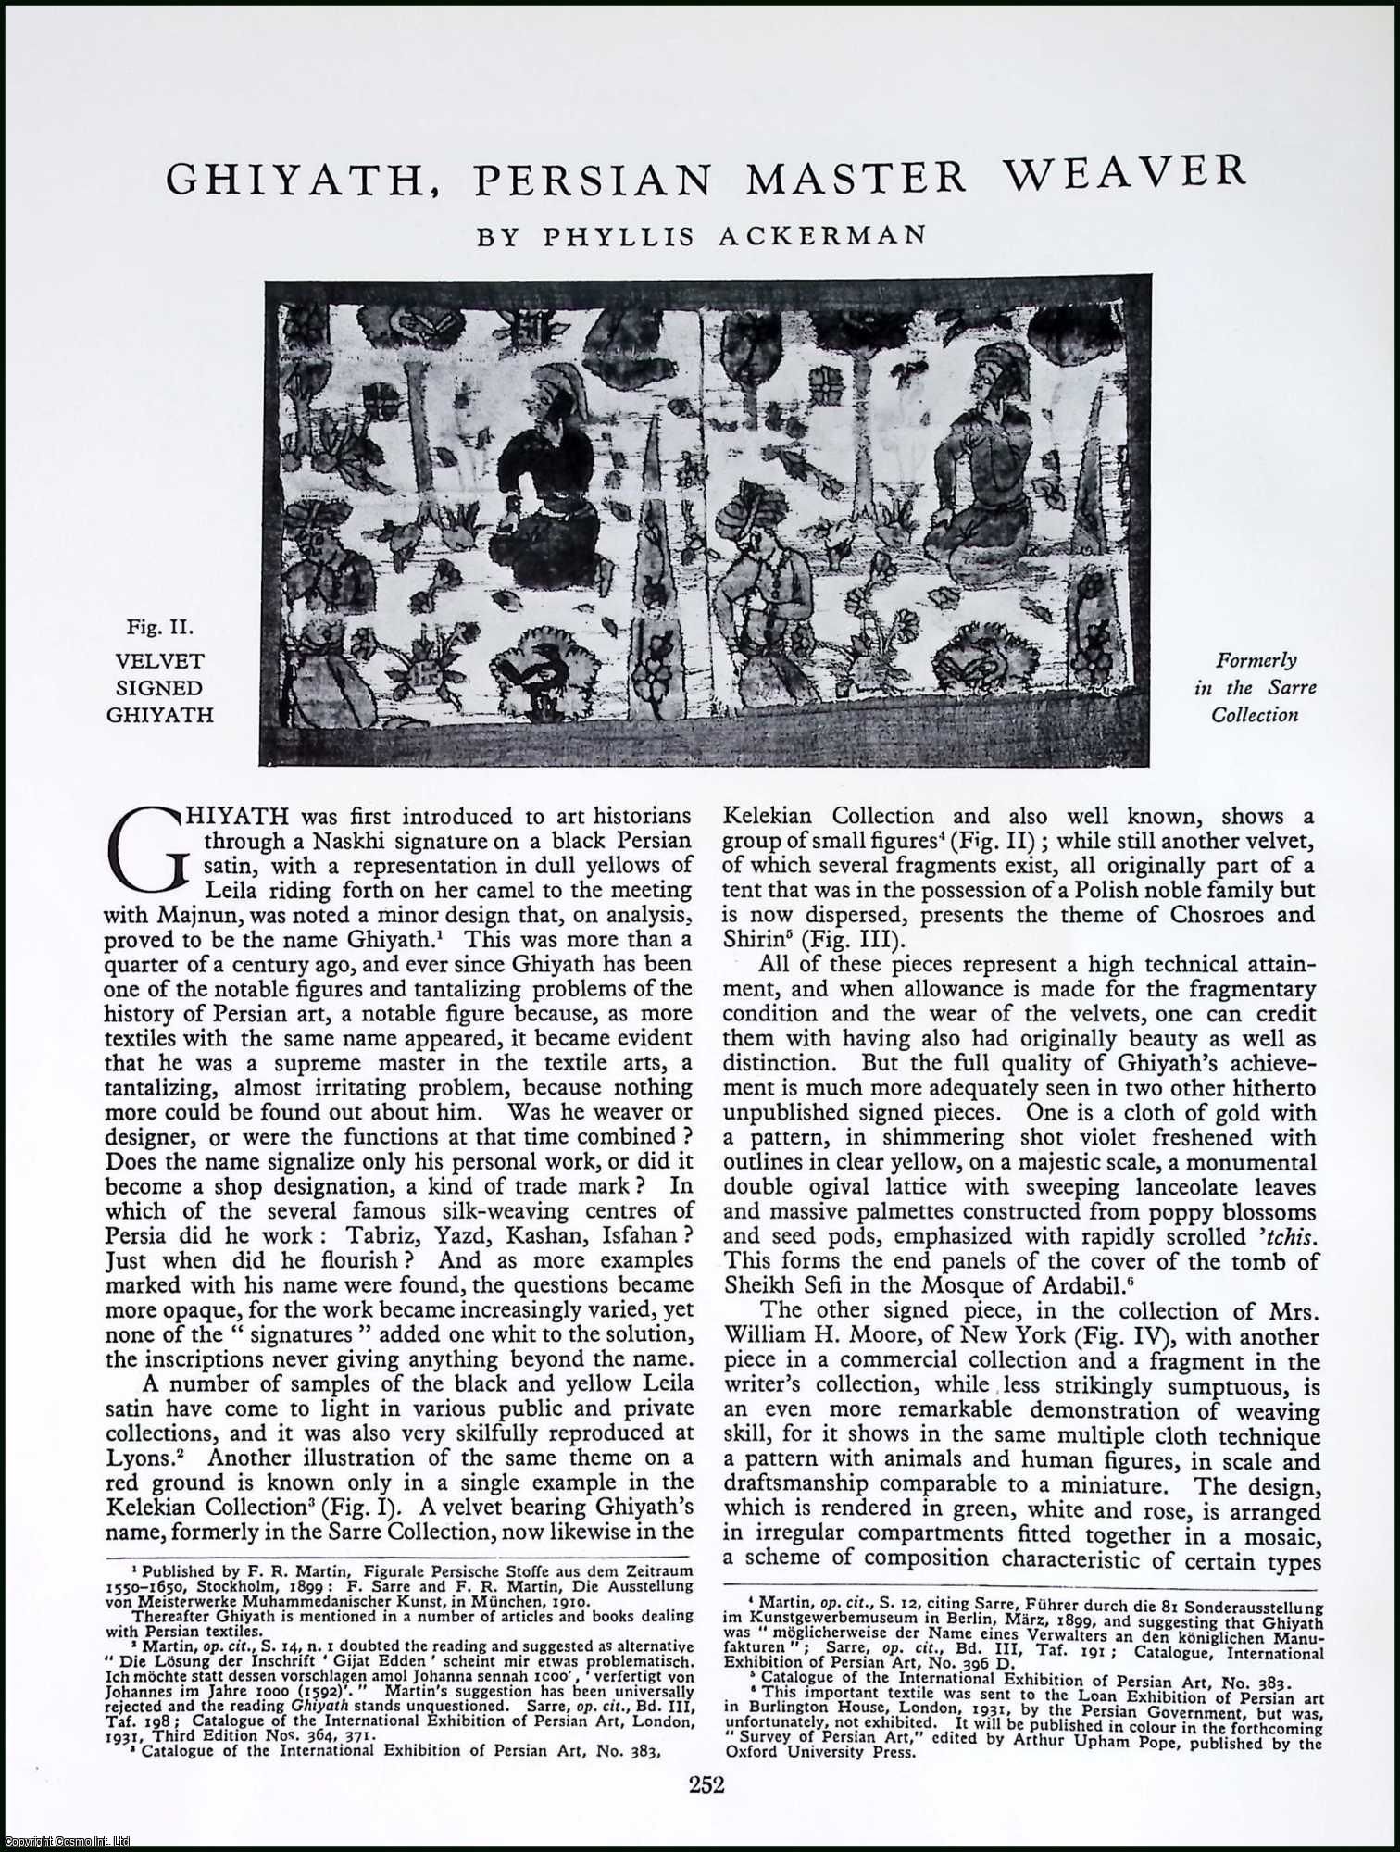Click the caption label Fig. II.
[x=159, y=629]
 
